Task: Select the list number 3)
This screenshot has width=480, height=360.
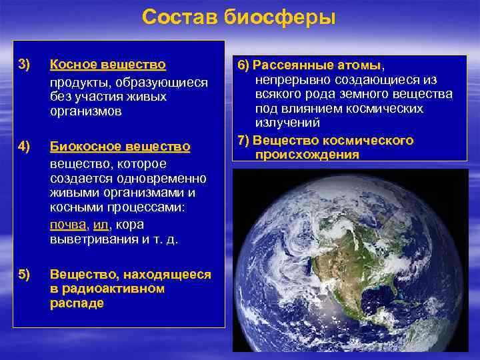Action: [24, 65]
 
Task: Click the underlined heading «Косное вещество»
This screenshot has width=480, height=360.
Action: [107, 65]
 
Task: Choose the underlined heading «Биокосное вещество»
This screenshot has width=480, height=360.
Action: [120, 146]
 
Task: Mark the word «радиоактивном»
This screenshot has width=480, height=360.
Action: [107, 289]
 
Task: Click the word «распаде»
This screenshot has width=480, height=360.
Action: [77, 303]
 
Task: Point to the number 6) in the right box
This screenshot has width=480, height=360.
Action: [243, 65]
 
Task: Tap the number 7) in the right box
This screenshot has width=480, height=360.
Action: [243, 140]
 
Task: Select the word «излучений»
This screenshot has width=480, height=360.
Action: [287, 123]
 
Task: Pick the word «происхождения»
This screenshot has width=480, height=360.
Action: [307, 154]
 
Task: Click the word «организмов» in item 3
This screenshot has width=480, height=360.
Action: [85, 111]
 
